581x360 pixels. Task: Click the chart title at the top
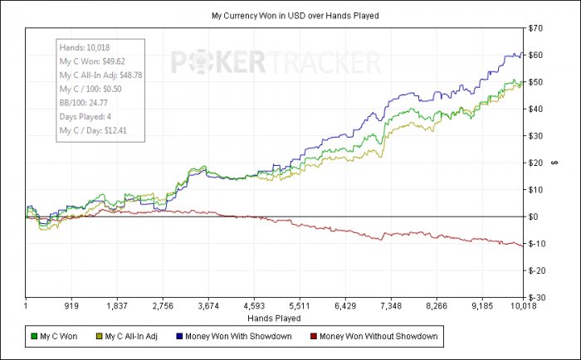pyautogui.click(x=290, y=16)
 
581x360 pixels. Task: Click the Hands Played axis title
pyautogui.click(x=274, y=318)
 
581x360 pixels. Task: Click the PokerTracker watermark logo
pyautogui.click(x=276, y=61)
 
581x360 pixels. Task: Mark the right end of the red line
pyautogui.click(x=522, y=246)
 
